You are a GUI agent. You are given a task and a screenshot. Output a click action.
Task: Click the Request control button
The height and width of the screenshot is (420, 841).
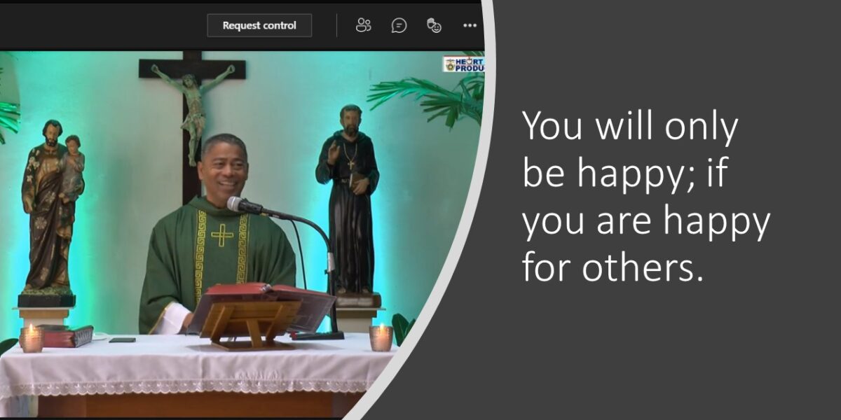tap(259, 25)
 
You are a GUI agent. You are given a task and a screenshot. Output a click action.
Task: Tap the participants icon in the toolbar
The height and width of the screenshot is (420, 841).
tap(363, 25)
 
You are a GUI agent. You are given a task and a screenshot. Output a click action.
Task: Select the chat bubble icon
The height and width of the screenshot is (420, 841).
tap(399, 25)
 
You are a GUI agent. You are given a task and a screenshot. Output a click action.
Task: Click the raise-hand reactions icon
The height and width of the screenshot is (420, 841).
tap(434, 25)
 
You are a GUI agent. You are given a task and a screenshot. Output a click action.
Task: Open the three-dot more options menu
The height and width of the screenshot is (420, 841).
tap(470, 25)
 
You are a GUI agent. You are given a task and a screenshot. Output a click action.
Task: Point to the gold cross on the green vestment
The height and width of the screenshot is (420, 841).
tap(222, 235)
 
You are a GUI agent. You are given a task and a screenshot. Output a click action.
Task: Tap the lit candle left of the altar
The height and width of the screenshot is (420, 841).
tap(31, 339)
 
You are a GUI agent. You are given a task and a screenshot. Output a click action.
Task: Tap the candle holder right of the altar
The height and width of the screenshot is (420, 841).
tap(381, 338)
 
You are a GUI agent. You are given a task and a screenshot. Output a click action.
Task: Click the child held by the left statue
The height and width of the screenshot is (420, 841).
tap(72, 165)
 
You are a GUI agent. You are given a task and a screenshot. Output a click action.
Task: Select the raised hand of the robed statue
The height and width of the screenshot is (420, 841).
tap(332, 153)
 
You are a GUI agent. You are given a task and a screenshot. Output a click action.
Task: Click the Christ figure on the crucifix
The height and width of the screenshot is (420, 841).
tap(193, 108)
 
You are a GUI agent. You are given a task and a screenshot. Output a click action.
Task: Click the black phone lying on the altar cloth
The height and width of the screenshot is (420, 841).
tap(122, 340)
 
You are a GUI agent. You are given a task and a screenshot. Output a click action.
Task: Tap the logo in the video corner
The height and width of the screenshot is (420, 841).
tap(463, 64)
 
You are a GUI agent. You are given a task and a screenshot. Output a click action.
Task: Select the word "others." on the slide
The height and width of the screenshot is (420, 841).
tap(643, 267)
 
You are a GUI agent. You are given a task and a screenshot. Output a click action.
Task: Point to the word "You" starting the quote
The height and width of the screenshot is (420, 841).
tap(552, 125)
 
